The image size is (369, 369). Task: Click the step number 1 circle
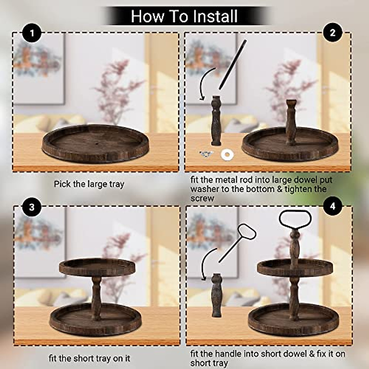[32, 33]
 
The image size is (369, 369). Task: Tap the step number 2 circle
[333, 33]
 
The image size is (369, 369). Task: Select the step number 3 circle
[32, 207]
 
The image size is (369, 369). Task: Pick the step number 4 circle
[333, 207]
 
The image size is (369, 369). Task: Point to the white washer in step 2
[227, 155]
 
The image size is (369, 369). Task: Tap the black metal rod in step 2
[232, 65]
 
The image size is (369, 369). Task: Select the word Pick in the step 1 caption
[62, 184]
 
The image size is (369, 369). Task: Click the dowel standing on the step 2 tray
[291, 122]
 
